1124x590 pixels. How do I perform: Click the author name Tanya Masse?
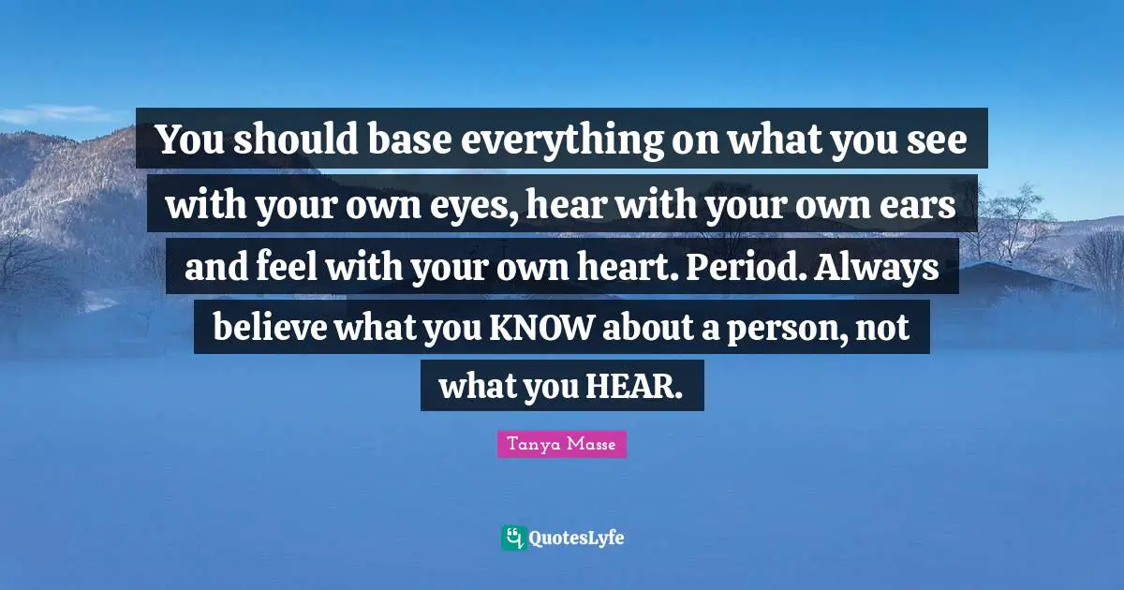(561, 445)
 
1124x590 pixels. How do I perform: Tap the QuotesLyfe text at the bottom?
(576, 538)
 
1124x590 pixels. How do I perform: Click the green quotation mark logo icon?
(512, 538)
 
